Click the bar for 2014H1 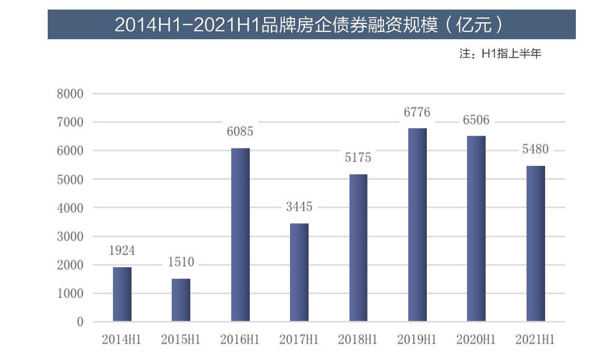point(122,294)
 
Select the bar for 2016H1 point(240,235)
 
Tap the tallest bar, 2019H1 point(417,225)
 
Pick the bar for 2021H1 point(536,243)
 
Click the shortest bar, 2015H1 point(181,300)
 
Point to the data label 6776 point(417,112)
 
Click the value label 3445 point(299,207)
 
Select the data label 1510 point(181,262)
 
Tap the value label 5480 point(535,149)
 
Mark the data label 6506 point(476,120)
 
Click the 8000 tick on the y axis point(70,94)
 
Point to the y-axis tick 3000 point(70,236)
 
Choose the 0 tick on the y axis point(80,322)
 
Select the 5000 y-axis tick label point(70,179)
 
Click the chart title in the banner point(311,24)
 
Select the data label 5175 point(358,158)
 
